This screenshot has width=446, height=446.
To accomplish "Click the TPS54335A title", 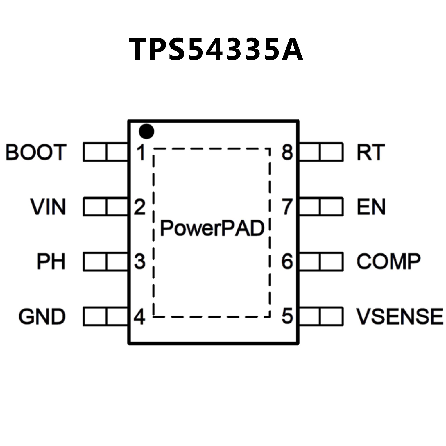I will [x=216, y=49].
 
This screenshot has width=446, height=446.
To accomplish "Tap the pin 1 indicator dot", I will [x=146, y=132].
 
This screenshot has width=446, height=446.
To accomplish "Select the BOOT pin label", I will [x=36, y=152].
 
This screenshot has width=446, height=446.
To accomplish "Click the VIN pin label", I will [x=48, y=207].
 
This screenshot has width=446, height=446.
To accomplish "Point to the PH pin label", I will [x=51, y=261].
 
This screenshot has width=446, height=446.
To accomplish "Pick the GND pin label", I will [x=42, y=316].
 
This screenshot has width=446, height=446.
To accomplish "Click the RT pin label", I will [x=371, y=152].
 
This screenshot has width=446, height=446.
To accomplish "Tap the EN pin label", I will [x=371, y=207].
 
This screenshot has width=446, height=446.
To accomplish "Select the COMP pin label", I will [x=388, y=261].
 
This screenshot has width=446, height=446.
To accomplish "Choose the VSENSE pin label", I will [x=400, y=316].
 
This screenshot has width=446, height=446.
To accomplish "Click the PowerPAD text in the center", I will [x=212, y=228].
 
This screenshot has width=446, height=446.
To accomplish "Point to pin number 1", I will [x=141, y=152].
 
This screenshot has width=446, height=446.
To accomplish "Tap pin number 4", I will [x=139, y=316].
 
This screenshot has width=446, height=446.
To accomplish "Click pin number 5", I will [x=287, y=316].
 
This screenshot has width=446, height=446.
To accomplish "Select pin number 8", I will [x=287, y=152].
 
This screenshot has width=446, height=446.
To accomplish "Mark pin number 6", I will [x=287, y=261].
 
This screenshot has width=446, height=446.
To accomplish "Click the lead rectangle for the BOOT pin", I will [x=105, y=152].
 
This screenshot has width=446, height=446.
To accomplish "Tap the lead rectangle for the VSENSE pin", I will [x=321, y=316].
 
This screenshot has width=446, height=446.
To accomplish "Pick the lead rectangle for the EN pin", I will [x=321, y=207].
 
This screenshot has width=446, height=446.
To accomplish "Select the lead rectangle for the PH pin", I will [x=105, y=261].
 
